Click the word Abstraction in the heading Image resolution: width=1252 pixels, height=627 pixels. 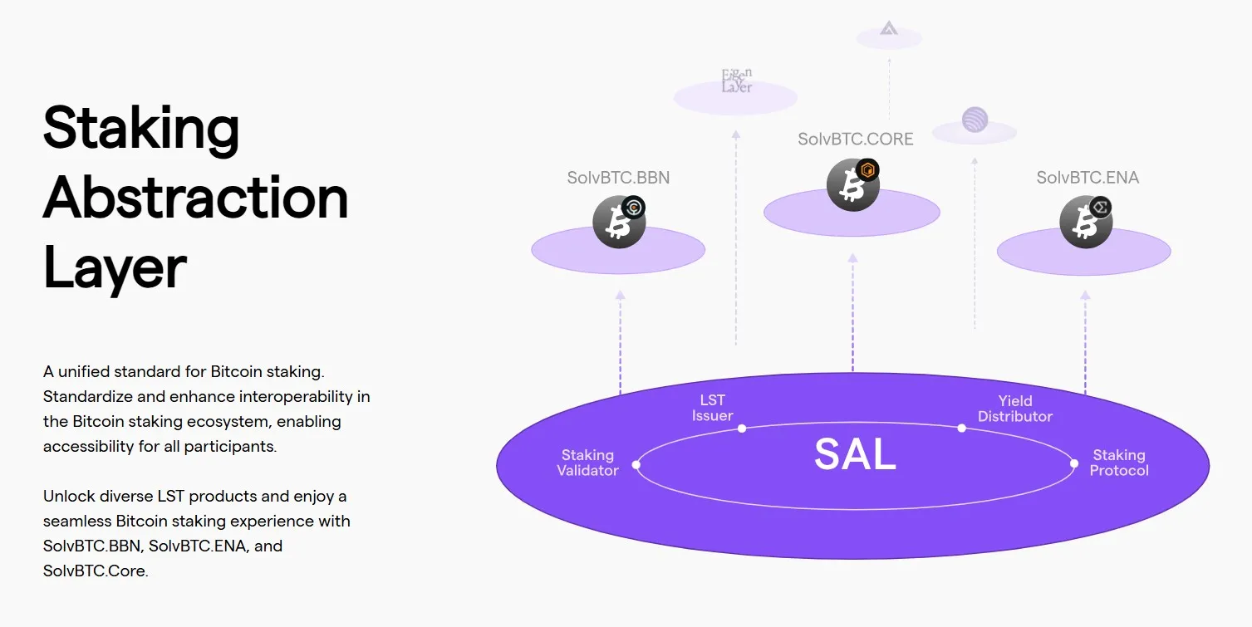(195, 198)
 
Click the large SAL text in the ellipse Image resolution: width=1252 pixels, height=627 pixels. (855, 454)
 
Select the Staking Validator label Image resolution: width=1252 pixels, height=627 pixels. (587, 463)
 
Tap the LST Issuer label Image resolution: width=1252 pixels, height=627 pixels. (712, 409)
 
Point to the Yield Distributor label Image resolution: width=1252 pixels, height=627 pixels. (1014, 409)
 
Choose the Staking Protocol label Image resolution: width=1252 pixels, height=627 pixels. (1118, 463)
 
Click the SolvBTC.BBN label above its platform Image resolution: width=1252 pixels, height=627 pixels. (618, 178)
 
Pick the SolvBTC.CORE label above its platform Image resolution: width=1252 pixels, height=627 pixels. (855, 140)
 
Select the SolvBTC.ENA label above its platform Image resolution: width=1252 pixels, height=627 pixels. (1087, 178)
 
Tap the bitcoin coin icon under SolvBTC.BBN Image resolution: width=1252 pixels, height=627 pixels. (618, 223)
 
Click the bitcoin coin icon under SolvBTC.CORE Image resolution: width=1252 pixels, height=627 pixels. (852, 184)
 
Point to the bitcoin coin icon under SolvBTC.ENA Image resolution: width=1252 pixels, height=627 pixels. (1085, 222)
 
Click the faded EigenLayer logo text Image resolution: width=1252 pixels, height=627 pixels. (736, 81)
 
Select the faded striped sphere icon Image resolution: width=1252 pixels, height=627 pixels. (975, 120)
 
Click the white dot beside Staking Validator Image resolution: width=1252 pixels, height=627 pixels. (636, 465)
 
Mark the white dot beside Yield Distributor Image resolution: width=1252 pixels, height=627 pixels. (961, 429)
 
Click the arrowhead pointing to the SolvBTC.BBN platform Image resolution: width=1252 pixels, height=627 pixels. (620, 295)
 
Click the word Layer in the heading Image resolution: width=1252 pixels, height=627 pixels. (115, 268)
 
